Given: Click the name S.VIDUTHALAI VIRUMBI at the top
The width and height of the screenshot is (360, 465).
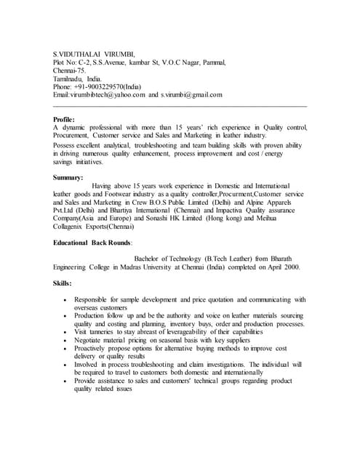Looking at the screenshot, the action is point(95,54).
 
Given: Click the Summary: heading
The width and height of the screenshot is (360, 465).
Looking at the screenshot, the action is point(68,177).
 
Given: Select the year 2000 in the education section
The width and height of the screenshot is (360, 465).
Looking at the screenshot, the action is point(273,267).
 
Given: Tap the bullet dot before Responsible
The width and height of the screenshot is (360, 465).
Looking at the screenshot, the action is point(66,299).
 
